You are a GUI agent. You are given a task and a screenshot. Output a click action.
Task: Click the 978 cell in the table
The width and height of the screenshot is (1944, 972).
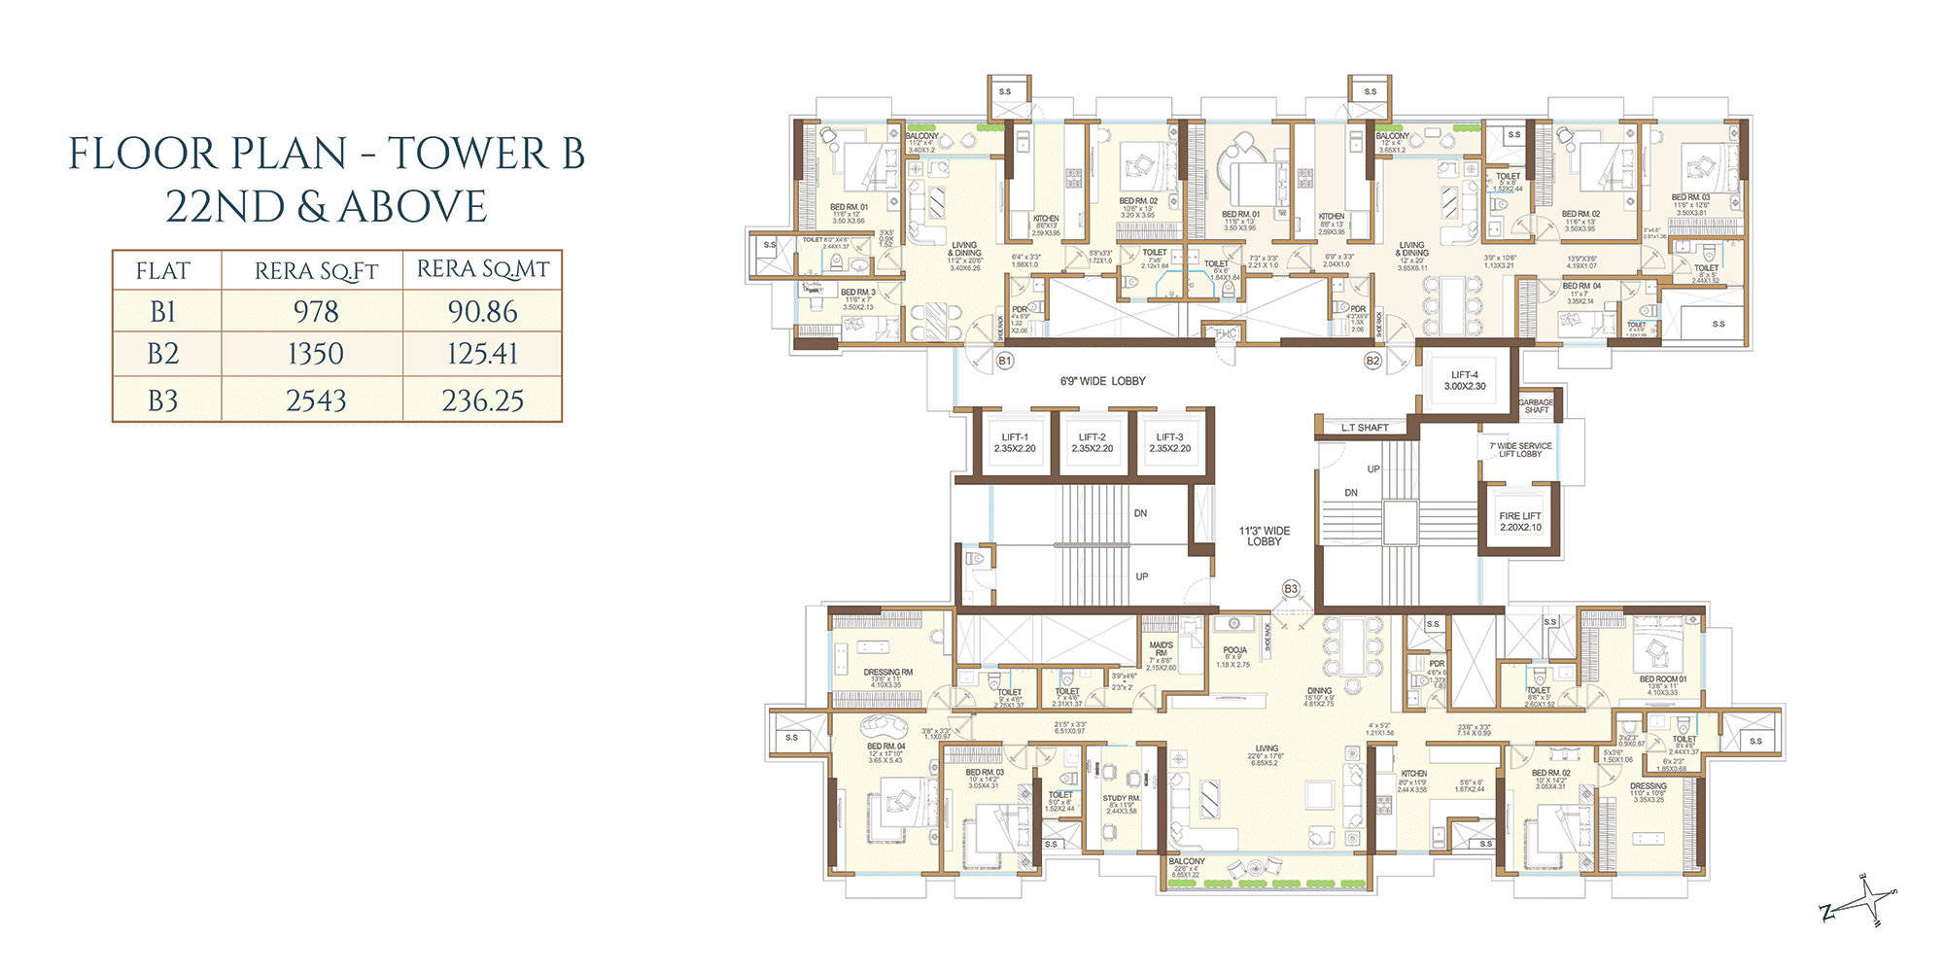(x=316, y=312)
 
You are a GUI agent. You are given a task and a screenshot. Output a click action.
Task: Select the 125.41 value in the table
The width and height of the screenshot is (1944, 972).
(x=482, y=354)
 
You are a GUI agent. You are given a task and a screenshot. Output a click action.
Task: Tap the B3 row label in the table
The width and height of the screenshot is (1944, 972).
(x=163, y=400)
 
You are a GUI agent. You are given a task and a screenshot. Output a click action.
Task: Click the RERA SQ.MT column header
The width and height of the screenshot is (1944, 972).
(x=482, y=269)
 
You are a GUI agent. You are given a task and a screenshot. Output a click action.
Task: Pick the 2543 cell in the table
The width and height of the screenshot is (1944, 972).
(x=316, y=400)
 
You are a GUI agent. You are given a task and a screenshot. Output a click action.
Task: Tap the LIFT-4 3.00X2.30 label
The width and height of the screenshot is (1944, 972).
(x=1465, y=380)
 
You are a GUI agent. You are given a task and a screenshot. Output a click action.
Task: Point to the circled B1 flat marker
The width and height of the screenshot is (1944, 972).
(x=1005, y=361)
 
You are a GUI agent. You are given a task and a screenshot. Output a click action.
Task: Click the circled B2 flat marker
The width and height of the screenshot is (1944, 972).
(x=1372, y=361)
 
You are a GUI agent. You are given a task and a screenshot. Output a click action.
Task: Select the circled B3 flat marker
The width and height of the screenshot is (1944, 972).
(x=1291, y=589)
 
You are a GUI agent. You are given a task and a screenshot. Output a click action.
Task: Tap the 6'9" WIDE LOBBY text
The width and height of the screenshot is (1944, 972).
(x=1102, y=381)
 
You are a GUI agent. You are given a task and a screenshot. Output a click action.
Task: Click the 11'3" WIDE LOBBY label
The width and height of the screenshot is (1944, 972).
(x=1264, y=537)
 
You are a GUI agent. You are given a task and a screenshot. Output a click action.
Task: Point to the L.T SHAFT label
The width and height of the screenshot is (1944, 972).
(x=1365, y=428)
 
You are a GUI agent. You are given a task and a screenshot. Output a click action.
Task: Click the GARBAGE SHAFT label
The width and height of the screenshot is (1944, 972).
(x=1536, y=406)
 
